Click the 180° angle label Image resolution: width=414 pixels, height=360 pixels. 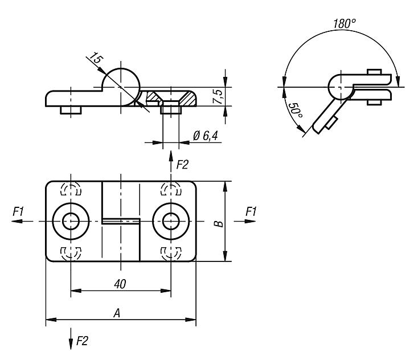point(345,24)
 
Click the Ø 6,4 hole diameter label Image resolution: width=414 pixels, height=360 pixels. point(206,135)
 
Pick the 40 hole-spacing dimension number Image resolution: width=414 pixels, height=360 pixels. point(120,283)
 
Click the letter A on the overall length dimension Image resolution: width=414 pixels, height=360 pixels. point(118,312)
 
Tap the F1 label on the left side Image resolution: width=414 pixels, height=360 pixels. point(18,211)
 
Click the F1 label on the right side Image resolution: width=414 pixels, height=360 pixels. point(251,211)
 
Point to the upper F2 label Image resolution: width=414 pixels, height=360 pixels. point(182,165)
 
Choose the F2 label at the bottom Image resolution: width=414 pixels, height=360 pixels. point(82,341)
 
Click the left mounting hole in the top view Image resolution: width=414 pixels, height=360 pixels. point(71,221)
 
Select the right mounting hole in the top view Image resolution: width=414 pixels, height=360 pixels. point(171,221)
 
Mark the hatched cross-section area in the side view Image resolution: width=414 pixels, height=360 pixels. point(154,98)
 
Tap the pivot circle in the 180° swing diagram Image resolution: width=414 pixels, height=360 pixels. point(341,87)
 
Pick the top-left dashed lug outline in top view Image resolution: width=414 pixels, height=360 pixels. point(71,190)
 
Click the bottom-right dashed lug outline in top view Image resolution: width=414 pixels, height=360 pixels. point(171,252)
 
